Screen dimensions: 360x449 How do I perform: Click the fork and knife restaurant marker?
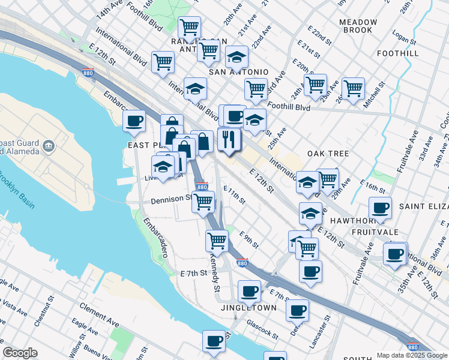click(x=229, y=140)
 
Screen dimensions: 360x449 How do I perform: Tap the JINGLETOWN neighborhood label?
click(x=249, y=308)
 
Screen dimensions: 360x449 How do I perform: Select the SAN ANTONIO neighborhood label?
click(x=238, y=72)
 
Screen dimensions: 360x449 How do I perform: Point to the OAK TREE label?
click(x=328, y=154)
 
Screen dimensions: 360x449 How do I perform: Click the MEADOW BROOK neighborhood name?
click(x=358, y=26)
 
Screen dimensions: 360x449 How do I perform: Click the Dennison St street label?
click(x=171, y=199)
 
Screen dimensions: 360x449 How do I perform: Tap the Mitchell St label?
click(x=373, y=95)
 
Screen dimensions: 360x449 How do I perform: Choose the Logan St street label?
click(x=404, y=40)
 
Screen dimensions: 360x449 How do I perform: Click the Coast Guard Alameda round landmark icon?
click(x=49, y=146)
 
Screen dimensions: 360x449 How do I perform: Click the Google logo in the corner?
click(x=20, y=353)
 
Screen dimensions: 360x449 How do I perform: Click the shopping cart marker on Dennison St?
click(x=203, y=202)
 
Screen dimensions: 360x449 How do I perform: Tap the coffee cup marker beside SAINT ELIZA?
click(x=380, y=208)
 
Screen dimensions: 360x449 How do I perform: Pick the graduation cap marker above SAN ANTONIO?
click(x=237, y=57)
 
